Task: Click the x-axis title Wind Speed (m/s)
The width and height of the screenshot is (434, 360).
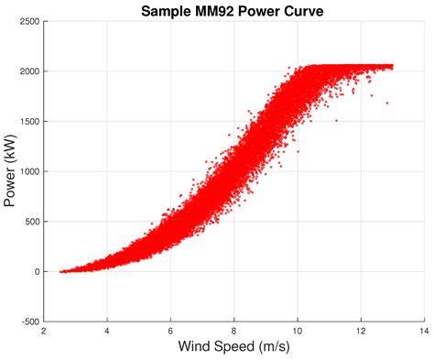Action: (x=233, y=348)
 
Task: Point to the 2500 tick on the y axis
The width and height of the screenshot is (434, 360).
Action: (x=27, y=21)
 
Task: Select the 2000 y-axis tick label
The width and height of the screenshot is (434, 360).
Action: (x=27, y=71)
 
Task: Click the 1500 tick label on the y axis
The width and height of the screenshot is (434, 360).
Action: (x=27, y=122)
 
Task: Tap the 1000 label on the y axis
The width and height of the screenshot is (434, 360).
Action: (x=27, y=171)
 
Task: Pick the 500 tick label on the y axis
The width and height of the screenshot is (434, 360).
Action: (x=30, y=222)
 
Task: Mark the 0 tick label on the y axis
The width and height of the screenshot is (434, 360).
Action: (x=36, y=272)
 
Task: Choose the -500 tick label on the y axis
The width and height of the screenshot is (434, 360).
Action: (x=28, y=322)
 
